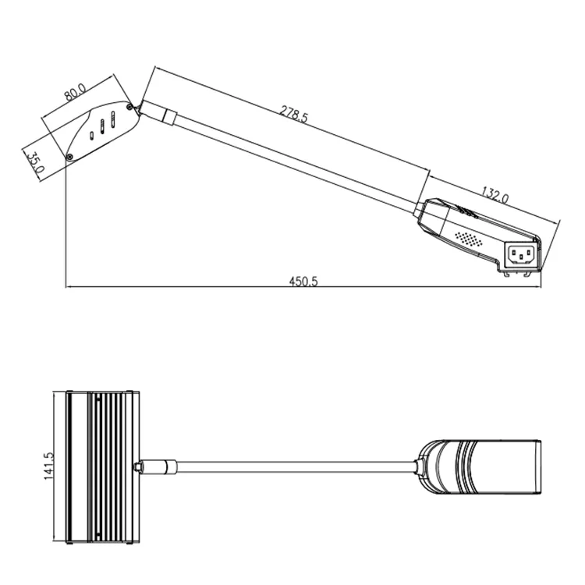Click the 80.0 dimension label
click(x=75, y=92)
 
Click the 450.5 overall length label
click(x=304, y=282)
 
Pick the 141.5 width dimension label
click(x=48, y=466)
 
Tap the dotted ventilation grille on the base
click(x=467, y=236)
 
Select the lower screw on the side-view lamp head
click(x=71, y=158)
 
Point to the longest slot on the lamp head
click(x=112, y=121)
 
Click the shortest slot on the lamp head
click(x=92, y=135)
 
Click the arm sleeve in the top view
click(x=162, y=466)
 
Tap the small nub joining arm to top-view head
click(x=139, y=466)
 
